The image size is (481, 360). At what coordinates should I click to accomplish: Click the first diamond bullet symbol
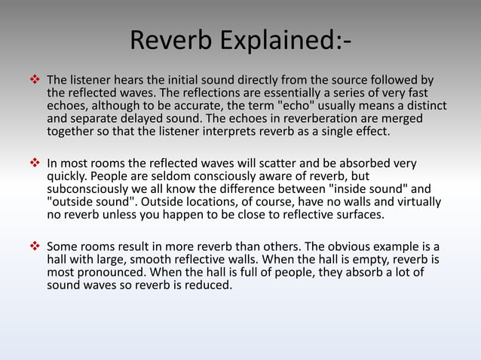point(34,80)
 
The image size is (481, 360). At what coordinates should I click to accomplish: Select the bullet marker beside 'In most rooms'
point(34,163)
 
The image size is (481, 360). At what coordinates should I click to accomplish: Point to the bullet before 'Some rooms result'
point(34,246)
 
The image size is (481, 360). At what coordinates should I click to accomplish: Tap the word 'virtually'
point(415,202)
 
